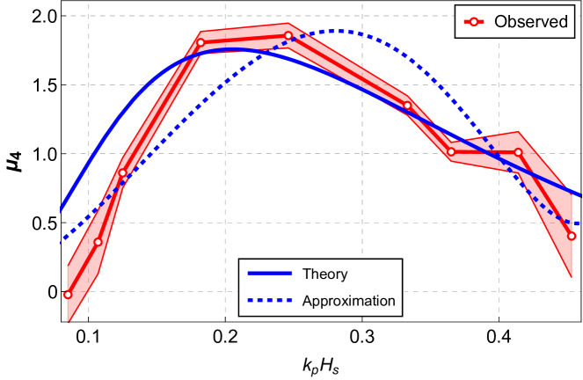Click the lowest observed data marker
pos(68,295)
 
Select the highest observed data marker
pos(288,36)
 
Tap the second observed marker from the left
pos(98,242)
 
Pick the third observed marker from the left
pos(122,172)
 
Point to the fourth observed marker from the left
pos(200,42)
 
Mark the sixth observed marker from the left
pos(407,106)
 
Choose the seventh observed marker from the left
pos(451,151)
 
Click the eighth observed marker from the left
pos(518,152)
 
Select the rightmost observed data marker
pos(572,236)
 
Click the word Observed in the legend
pos(531,22)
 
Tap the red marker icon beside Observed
pos(474,22)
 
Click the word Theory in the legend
pos(324,274)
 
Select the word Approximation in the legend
pos(348,301)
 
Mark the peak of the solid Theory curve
pos(230,49)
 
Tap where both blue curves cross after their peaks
pos(518,175)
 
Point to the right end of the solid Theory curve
pos(580,195)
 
